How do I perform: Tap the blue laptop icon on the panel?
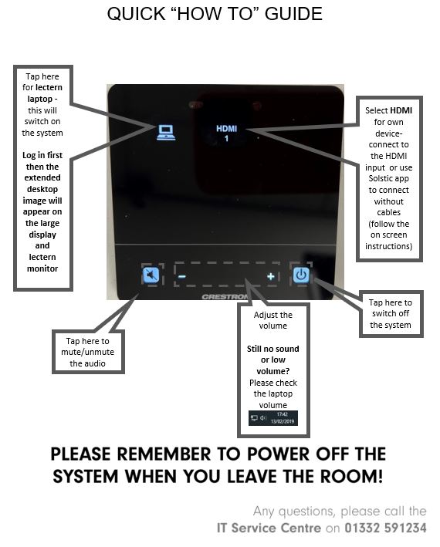(166, 132)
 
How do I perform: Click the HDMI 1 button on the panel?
(226, 133)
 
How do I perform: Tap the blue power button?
(301, 275)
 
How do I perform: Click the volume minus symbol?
(182, 277)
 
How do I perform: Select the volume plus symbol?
(271, 277)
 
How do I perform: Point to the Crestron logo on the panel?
(225, 297)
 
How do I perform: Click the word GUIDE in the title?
(293, 14)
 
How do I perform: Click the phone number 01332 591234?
(385, 528)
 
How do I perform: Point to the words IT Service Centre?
(269, 528)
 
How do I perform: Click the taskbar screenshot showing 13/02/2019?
(272, 418)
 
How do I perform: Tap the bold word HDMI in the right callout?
(401, 110)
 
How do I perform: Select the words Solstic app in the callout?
(389, 179)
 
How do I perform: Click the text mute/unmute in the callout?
(87, 352)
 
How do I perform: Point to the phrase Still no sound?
(272, 349)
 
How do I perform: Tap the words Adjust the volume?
(272, 320)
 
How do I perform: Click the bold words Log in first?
(42, 155)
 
